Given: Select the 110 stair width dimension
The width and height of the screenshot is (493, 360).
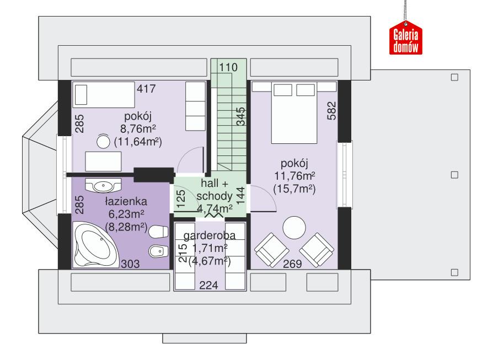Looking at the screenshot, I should coord(228,67).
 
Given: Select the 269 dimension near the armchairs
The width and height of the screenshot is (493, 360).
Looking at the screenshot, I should coord(292,264).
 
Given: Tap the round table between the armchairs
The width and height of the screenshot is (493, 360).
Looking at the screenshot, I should coord(293,228).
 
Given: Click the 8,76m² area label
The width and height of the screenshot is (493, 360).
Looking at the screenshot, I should coord(137,129).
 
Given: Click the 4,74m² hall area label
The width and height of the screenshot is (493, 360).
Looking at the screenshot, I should coord(215,208).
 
